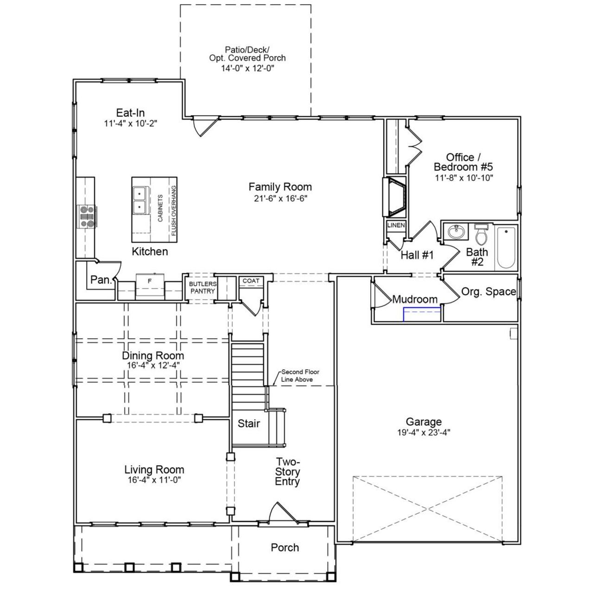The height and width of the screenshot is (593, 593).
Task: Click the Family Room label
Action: coord(280,187)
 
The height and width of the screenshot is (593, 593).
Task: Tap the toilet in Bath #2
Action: coord(482,235)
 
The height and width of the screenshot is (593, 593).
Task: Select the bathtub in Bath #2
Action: coord(506,247)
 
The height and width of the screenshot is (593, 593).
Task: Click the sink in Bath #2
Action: coord(456,232)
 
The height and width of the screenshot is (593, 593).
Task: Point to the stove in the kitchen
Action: coord(87,216)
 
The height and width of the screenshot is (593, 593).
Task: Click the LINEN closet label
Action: coord(396,225)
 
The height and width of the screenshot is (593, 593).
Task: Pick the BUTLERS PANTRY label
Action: coord(202,287)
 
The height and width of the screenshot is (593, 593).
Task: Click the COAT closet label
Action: coord(251,281)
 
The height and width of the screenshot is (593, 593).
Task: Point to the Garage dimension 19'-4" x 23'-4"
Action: coord(423,432)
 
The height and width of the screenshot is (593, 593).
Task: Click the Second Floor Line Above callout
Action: coord(300,376)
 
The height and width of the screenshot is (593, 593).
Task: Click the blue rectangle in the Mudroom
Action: coord(422,314)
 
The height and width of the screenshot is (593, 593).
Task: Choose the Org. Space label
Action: coord(488,291)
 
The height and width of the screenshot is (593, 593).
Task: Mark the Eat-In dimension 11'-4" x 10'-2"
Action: coord(131,124)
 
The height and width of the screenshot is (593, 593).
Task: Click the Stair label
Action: coord(249,423)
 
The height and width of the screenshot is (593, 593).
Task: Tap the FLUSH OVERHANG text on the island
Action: coord(173,211)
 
